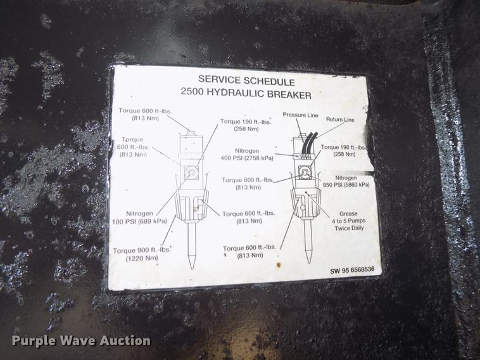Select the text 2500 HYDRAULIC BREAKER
point(246,94)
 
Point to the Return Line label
point(340,120)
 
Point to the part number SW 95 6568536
point(351,270)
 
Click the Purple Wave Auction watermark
point(81,340)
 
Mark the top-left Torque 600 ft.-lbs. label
point(144,114)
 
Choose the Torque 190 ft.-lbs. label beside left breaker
point(244,125)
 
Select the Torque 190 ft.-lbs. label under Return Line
point(345,151)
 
